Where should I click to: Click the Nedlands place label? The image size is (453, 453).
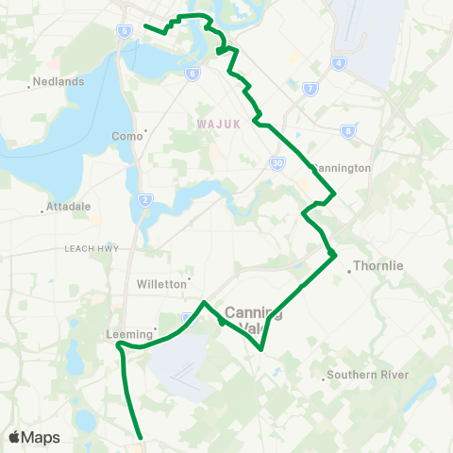coord(59,81)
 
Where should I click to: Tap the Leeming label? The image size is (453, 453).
coord(124,333)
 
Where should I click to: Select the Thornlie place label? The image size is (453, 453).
coord(377,266)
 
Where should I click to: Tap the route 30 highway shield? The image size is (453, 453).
coord(277,162)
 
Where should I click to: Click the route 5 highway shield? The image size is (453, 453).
coord(126,31)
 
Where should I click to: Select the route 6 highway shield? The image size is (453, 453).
coord(193,73)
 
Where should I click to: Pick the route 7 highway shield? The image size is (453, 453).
coord(310,89)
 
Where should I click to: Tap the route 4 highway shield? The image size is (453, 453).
coord(337,63)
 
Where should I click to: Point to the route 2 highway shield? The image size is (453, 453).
coord(144,199)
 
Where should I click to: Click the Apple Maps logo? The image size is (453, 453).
coord(34,437)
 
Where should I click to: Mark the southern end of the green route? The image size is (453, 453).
coord(141,437)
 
